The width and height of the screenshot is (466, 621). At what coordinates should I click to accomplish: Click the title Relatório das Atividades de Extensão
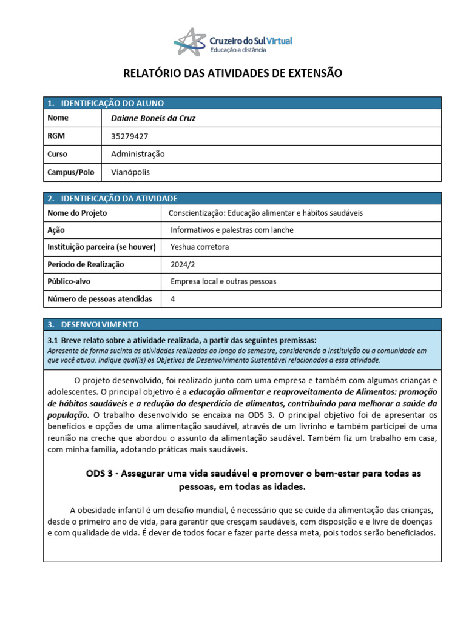point(233,73)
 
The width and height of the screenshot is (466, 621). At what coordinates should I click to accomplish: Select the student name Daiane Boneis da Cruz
point(154,119)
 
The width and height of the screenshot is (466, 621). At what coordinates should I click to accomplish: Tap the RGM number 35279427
point(129,136)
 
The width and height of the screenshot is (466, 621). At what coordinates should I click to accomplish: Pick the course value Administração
point(138,154)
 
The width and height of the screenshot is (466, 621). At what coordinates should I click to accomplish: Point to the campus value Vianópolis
point(130,172)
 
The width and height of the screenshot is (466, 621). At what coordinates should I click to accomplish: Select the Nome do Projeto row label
point(77,213)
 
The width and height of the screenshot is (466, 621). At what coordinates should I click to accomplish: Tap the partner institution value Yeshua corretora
point(200,247)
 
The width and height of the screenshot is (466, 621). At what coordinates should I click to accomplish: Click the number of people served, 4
point(173,299)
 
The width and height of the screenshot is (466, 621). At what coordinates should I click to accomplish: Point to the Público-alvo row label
point(69,281)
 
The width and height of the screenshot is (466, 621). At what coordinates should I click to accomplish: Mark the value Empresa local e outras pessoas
point(223,281)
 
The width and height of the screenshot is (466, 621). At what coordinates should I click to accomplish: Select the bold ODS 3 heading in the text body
point(254,480)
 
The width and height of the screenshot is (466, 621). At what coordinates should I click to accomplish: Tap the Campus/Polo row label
point(71,172)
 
